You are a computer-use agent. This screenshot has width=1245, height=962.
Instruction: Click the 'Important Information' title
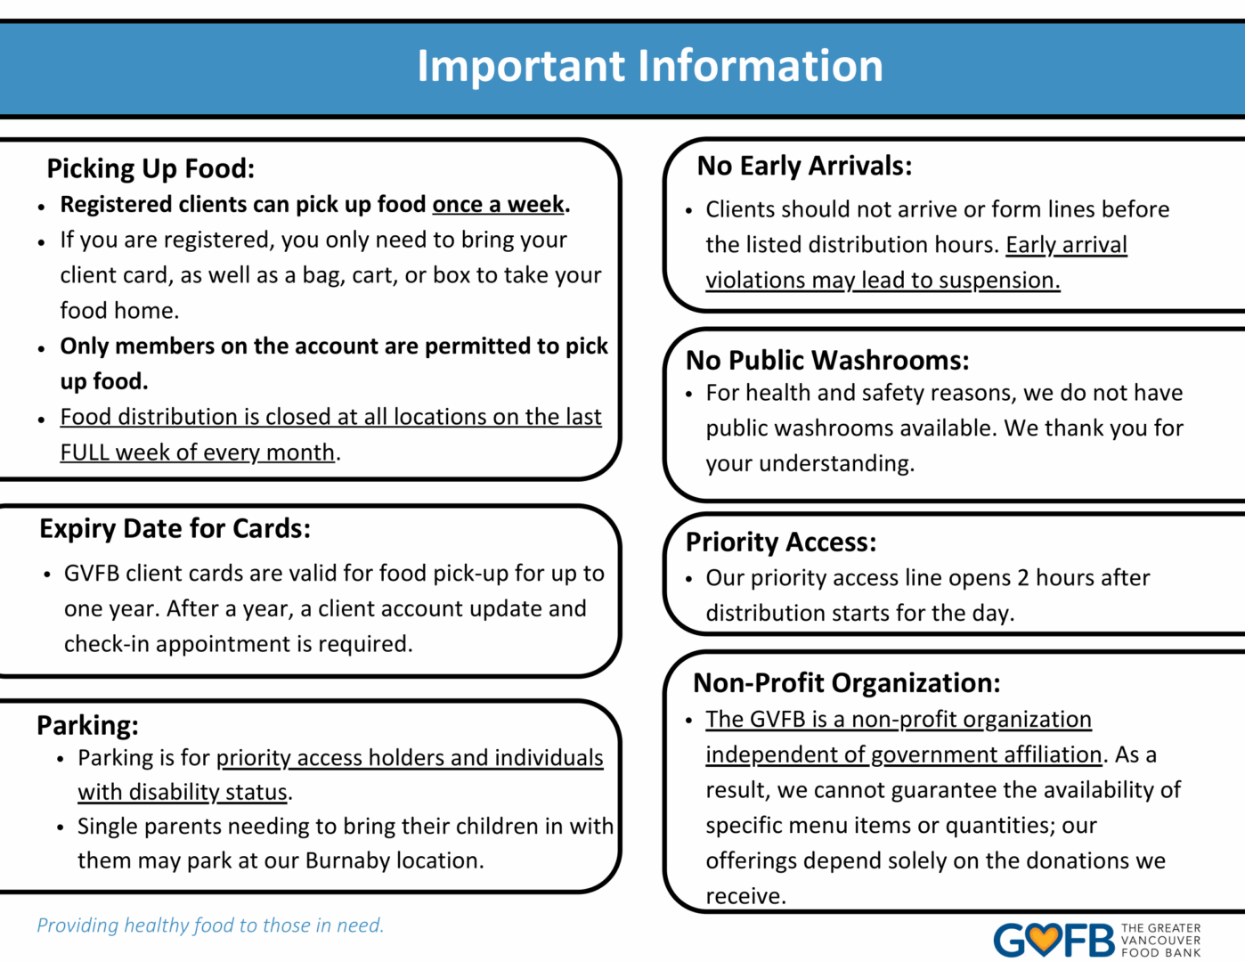[650, 66]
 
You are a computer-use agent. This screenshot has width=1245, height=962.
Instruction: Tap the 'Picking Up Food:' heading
[151, 168]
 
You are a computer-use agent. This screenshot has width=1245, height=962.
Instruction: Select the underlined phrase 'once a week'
[498, 205]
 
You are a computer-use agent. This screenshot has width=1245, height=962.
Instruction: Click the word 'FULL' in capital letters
[85, 452]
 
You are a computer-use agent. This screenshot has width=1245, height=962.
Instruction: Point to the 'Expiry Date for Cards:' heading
[175, 528]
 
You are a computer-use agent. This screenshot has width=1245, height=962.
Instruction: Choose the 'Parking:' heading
[87, 725]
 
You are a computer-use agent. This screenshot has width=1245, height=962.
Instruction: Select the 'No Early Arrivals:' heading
[804, 166]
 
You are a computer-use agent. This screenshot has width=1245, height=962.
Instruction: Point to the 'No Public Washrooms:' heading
[827, 360]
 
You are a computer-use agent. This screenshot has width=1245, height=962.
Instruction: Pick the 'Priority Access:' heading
[781, 542]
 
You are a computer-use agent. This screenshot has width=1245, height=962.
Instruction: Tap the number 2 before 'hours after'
[1022, 578]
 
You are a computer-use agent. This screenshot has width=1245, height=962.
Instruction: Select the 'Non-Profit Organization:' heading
[846, 682]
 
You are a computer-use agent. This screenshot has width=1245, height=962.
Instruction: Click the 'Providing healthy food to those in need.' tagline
[210, 925]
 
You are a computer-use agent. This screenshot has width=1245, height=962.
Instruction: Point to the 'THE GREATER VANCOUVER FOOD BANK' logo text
[1160, 941]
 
